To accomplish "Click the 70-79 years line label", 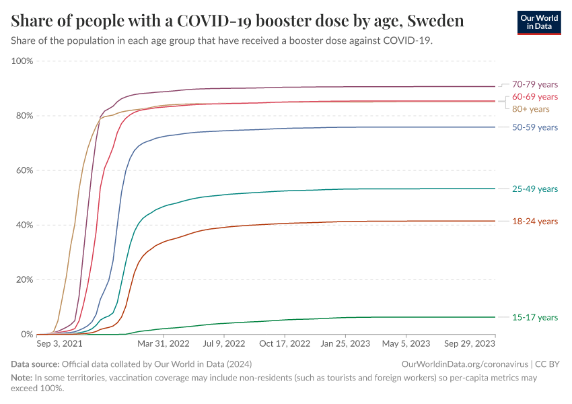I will click(535, 84).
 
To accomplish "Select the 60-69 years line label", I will click(535, 97).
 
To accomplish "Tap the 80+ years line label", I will click(531, 109).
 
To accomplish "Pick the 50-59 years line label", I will click(535, 127).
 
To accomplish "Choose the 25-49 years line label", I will click(535, 189).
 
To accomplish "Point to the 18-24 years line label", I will click(535, 221).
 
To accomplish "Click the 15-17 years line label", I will click(535, 317).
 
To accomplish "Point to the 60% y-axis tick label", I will click(24, 170).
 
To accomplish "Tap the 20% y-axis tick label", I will click(24, 279).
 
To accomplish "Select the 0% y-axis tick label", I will click(26, 334).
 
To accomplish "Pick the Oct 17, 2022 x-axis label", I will click(285, 343).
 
